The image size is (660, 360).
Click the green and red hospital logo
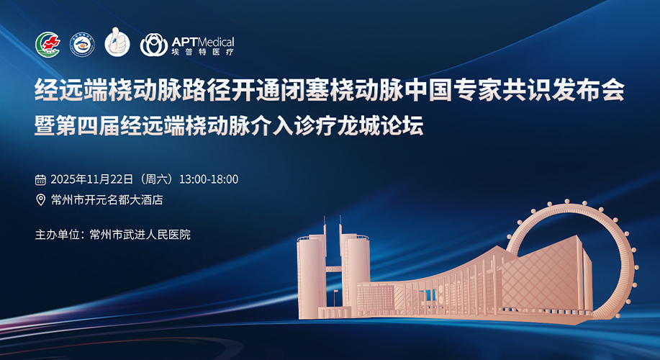48,45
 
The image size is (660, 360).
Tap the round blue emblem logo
82,45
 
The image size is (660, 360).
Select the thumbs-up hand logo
117,42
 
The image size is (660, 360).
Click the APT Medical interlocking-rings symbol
153,45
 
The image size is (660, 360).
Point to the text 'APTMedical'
203,42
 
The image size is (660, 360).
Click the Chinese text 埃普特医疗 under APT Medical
202,53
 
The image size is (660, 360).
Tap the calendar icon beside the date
40,180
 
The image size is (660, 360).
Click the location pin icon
40,199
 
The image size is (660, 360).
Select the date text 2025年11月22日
91,179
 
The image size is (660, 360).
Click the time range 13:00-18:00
209,179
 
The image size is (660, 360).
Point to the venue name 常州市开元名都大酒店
107,199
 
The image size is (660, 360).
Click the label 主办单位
58,235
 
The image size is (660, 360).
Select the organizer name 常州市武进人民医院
140,235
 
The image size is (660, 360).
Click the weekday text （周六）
156,179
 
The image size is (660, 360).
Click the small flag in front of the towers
335,292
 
